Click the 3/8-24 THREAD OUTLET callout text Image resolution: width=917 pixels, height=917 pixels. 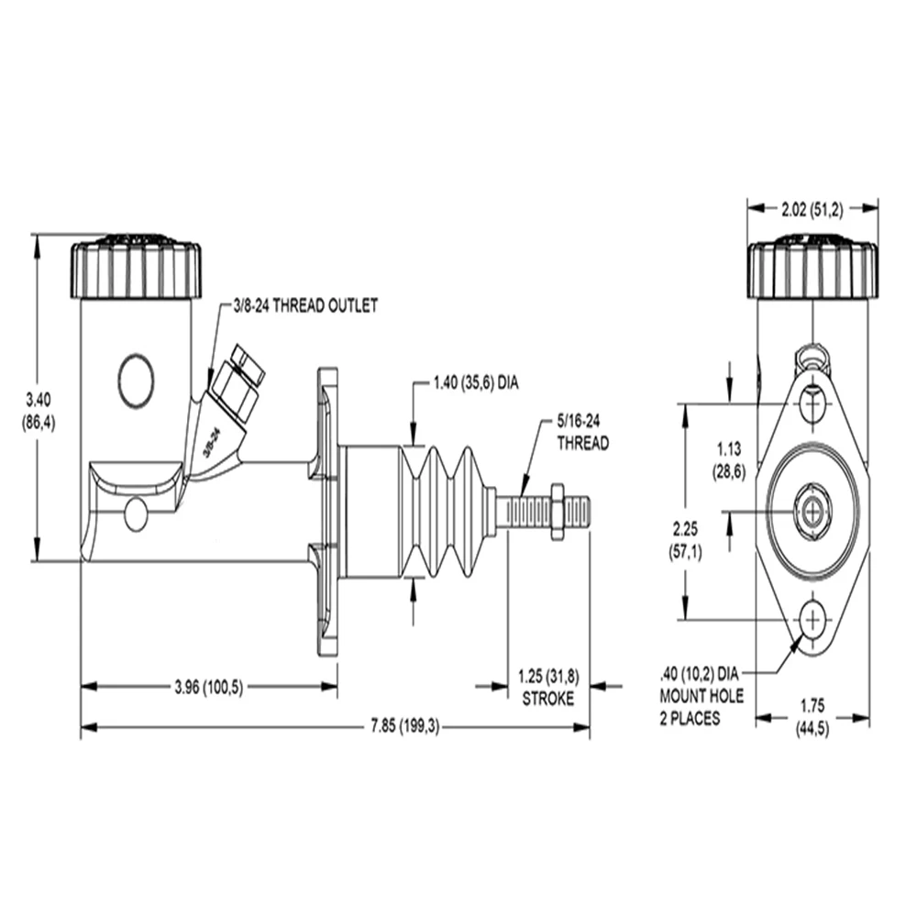[305, 306]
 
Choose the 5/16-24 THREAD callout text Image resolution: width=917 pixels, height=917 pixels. [582, 432]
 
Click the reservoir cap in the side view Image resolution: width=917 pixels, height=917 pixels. [137, 267]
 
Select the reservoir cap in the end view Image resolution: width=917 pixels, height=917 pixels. [812, 267]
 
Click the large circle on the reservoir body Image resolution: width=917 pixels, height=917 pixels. [137, 381]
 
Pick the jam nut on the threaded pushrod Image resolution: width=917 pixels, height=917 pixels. [557, 512]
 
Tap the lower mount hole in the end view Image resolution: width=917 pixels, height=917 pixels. [812, 620]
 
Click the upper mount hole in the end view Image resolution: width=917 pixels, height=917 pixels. [812, 403]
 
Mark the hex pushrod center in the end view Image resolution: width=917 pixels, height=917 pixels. [812, 513]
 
